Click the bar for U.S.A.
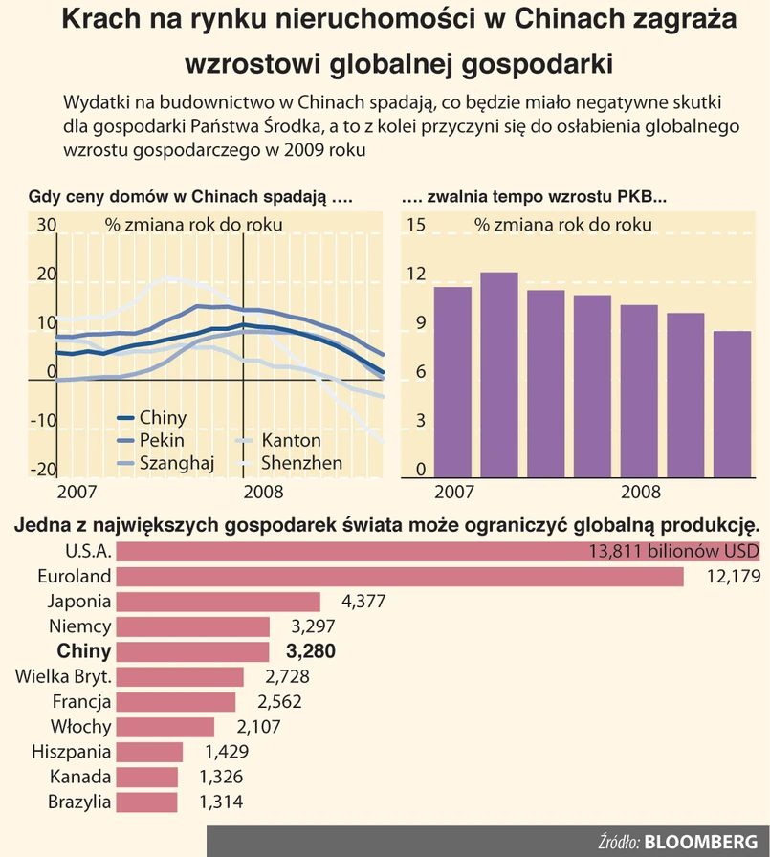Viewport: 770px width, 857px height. pos(383,552)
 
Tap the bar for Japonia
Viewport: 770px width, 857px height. pos(219,602)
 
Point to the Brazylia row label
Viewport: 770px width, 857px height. pos(79,802)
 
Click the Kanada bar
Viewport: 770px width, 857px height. pos(149,777)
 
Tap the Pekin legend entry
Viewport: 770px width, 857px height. pos(162,441)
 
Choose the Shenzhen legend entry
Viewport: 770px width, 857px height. pos(301,464)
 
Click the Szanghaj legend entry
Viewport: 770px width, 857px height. pos(176,464)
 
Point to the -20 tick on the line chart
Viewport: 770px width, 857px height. pos(44,470)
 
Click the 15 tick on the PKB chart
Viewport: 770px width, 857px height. pos(415,226)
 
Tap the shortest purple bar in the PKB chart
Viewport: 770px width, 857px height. pos(732,404)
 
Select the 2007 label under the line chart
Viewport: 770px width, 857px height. pos(77,493)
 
